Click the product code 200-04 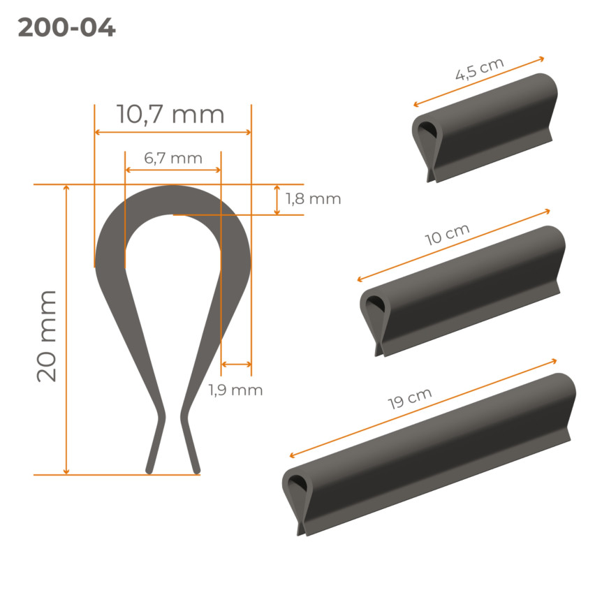pyautogui.click(x=66, y=28)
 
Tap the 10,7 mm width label pyautogui.click(x=170, y=115)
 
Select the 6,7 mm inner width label pyautogui.click(x=173, y=159)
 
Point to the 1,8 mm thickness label pyautogui.click(x=313, y=199)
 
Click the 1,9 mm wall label pyautogui.click(x=235, y=390)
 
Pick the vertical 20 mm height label pyautogui.click(x=46, y=336)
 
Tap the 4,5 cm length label pyautogui.click(x=479, y=69)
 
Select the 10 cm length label pyautogui.click(x=447, y=235)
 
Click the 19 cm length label pyautogui.click(x=409, y=399)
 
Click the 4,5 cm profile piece pyautogui.click(x=485, y=127)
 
